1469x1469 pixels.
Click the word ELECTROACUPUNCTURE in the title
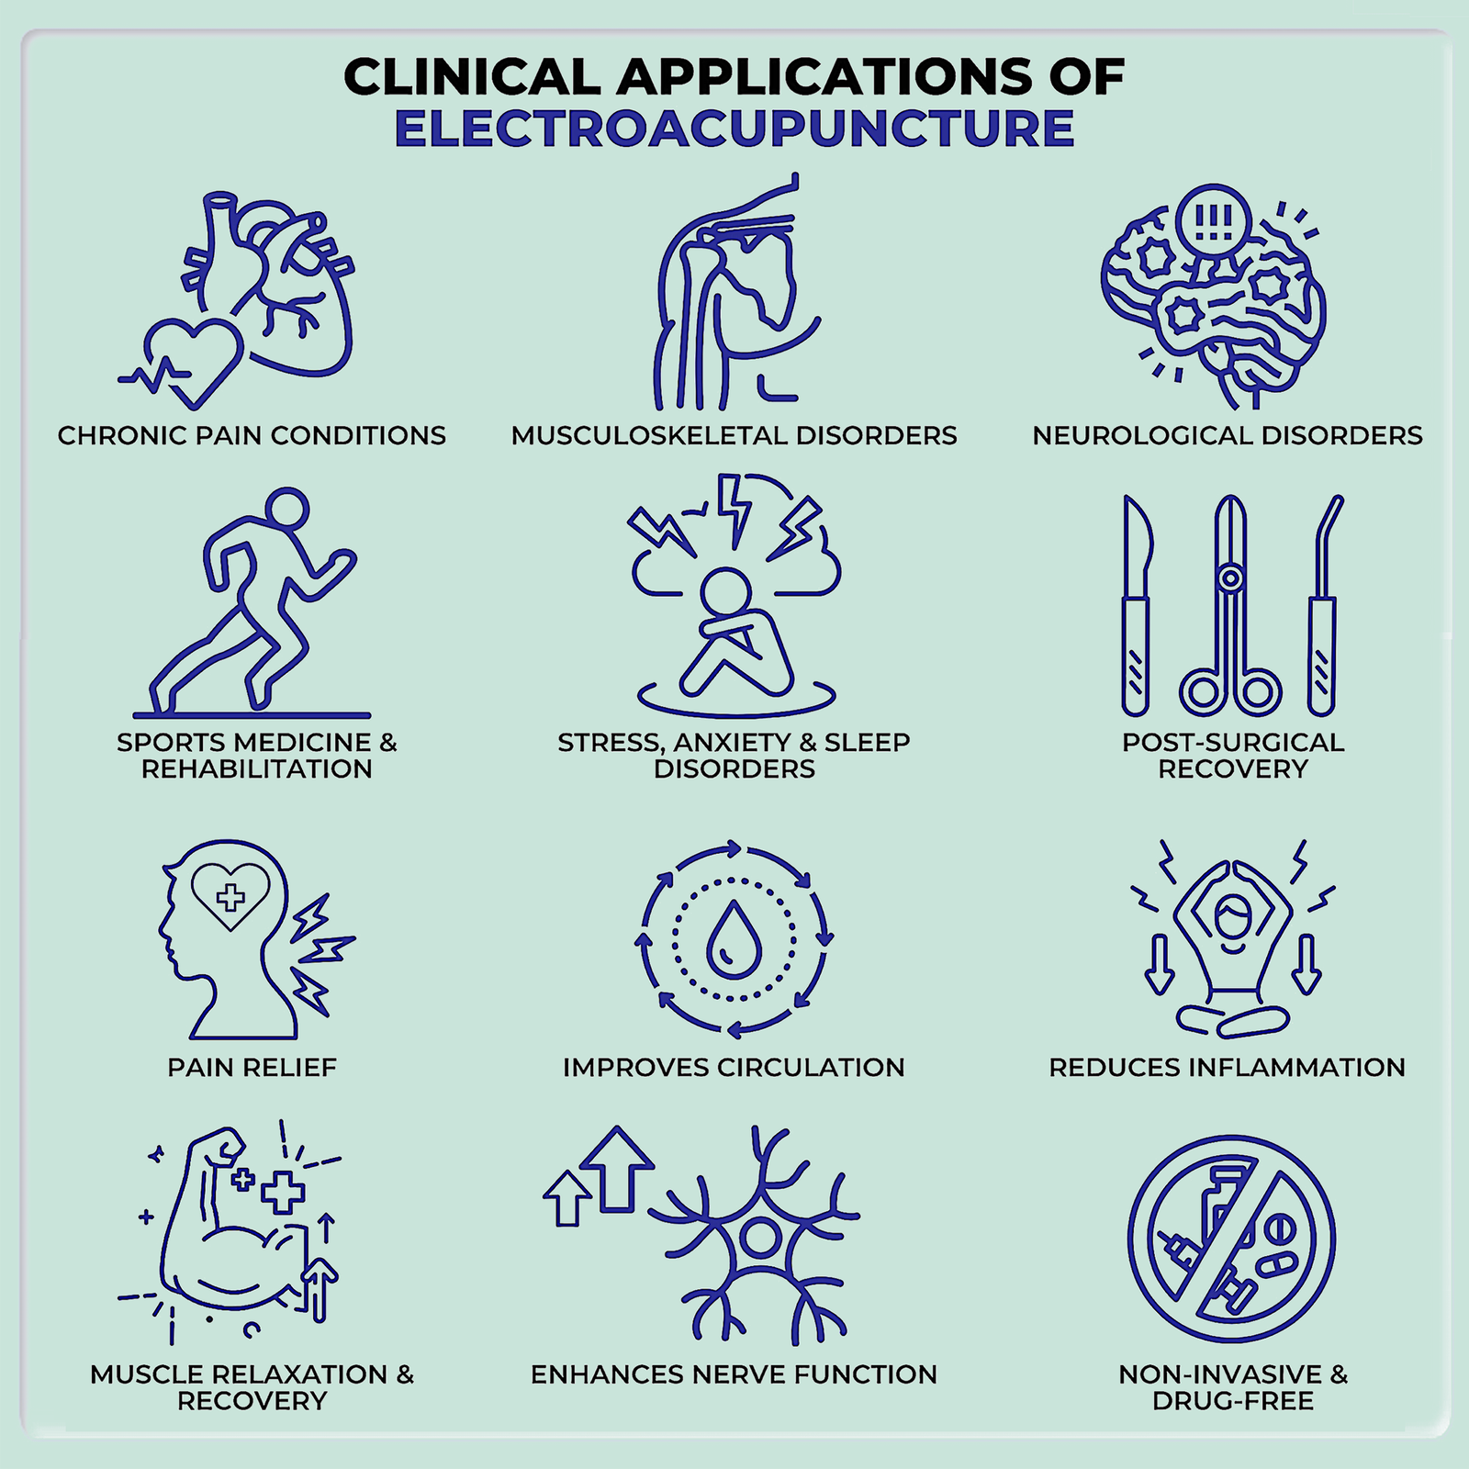(x=734, y=129)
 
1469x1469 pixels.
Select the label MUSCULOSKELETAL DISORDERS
(x=734, y=435)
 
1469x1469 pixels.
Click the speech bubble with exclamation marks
(x=1214, y=220)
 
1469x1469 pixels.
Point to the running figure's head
(x=286, y=508)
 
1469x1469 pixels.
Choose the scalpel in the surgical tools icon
(x=1137, y=606)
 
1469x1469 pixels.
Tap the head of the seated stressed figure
(x=726, y=592)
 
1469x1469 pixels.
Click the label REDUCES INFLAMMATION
(x=1228, y=1067)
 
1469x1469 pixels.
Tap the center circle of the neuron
(x=760, y=1237)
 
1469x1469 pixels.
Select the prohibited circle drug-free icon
(x=1231, y=1239)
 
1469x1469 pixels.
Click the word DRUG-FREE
(x=1233, y=1401)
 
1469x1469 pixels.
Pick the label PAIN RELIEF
(x=252, y=1067)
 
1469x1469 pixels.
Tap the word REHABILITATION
(x=257, y=768)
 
